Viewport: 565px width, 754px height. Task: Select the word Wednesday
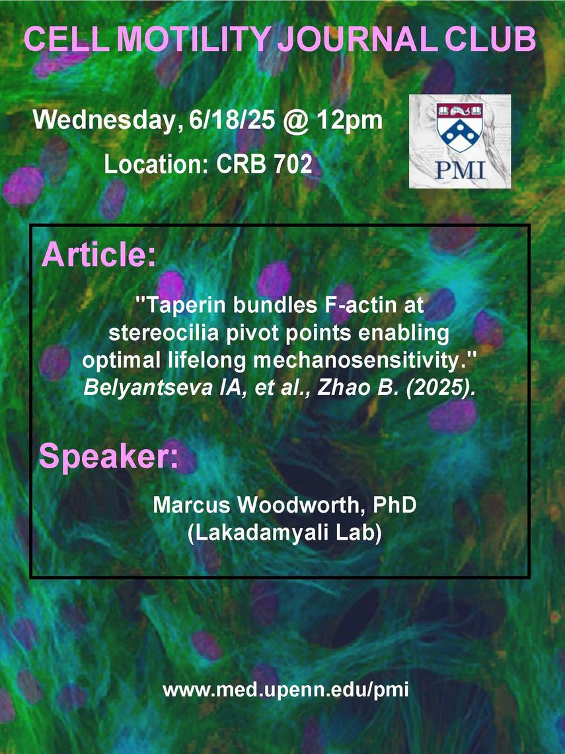coord(104,120)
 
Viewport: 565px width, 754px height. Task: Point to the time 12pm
coord(349,120)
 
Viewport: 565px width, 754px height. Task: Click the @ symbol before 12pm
coord(295,121)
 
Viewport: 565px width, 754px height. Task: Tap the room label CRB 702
coord(264,165)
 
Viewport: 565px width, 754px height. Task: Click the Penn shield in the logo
coord(460,126)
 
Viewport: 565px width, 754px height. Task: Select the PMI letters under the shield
coord(460,170)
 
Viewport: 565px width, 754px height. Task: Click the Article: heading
coord(99,254)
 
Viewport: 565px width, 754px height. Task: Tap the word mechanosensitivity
coord(353,360)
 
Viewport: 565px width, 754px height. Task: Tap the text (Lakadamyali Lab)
coord(284,534)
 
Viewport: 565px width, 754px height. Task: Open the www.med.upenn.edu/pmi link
coord(286,691)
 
